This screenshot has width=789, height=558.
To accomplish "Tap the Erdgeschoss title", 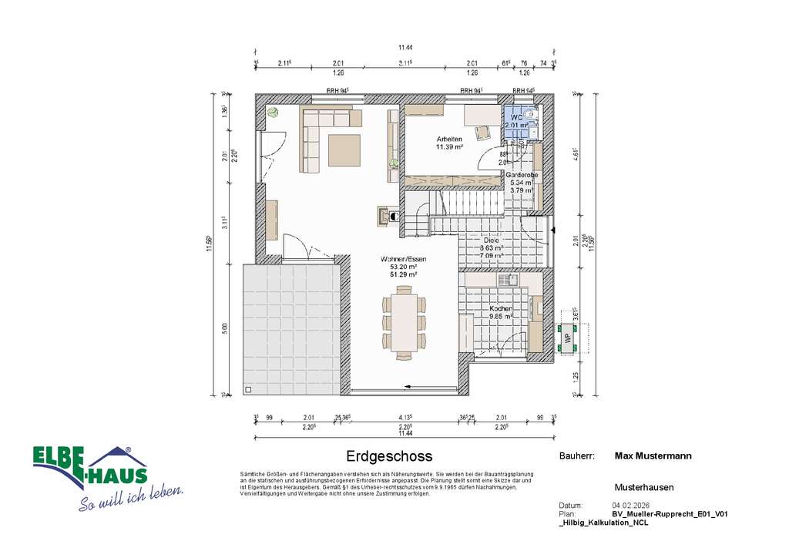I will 389,456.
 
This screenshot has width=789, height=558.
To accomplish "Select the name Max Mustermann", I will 653,455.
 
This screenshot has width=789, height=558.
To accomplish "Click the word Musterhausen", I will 644,487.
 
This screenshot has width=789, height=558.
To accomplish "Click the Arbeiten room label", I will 449,139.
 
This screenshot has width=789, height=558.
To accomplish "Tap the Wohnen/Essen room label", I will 403,259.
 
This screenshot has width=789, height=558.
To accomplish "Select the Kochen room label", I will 502,308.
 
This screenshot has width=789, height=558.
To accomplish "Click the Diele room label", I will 490,240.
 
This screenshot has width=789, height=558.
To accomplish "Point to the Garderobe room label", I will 522,175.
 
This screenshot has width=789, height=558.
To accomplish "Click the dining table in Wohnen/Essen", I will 404,319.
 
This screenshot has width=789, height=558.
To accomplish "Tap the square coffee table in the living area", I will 344,150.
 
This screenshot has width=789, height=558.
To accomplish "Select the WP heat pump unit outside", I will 568,338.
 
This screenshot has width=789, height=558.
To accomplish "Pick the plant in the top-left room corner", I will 273,113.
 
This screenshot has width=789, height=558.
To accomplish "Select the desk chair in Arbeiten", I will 484,131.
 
